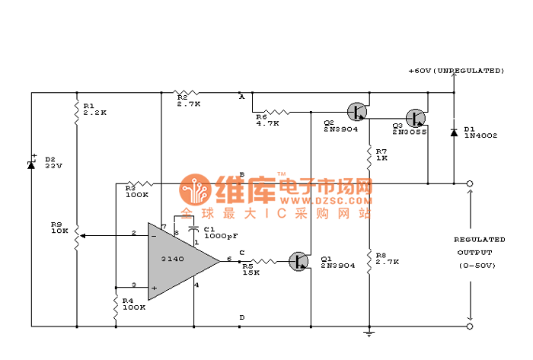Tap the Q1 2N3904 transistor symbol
(299, 261)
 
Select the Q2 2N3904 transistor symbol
(356, 110)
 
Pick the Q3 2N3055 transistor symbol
(415, 117)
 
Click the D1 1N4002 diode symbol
(454, 132)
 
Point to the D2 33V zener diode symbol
(31, 164)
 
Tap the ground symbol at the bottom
(369, 332)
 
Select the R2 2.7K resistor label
(188, 100)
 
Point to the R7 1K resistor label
(381, 155)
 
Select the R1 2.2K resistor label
(94, 108)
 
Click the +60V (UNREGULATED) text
(456, 71)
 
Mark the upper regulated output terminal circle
(470, 183)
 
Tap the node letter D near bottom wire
(242, 317)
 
